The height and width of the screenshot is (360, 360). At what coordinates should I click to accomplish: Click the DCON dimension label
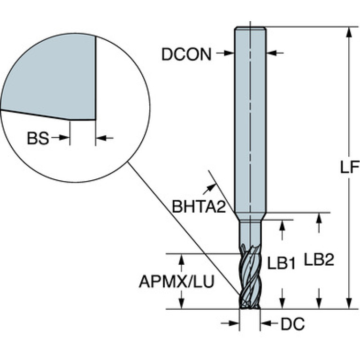click(x=186, y=54)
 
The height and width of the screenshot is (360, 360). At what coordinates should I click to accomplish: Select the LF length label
click(x=349, y=167)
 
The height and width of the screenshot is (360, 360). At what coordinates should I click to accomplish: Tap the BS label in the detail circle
click(x=38, y=138)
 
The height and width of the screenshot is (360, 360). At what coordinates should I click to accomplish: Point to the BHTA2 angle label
click(x=199, y=206)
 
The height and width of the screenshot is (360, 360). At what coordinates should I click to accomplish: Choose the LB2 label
click(x=319, y=260)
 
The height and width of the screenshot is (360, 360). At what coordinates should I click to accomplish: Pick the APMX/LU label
click(x=176, y=282)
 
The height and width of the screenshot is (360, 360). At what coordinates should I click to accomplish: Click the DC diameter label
click(x=293, y=324)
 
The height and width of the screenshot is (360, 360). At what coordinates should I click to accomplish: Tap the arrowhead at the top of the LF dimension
click(x=349, y=32)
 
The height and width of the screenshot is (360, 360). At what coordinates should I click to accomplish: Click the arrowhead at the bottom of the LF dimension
click(x=349, y=303)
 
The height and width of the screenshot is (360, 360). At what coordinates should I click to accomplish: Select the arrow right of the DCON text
click(x=225, y=53)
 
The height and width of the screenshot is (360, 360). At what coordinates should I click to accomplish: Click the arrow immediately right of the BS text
click(x=61, y=138)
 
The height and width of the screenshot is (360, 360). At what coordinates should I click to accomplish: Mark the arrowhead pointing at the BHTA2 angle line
click(x=209, y=189)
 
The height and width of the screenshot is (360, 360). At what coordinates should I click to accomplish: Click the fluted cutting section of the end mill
click(x=250, y=276)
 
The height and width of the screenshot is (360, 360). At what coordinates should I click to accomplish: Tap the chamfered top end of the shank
click(x=250, y=29)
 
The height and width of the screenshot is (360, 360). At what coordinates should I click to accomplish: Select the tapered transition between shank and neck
click(x=250, y=216)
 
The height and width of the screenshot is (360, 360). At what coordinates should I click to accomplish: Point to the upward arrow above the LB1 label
click(x=283, y=230)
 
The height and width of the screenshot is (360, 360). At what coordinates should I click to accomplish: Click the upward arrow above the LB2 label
click(x=318, y=223)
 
